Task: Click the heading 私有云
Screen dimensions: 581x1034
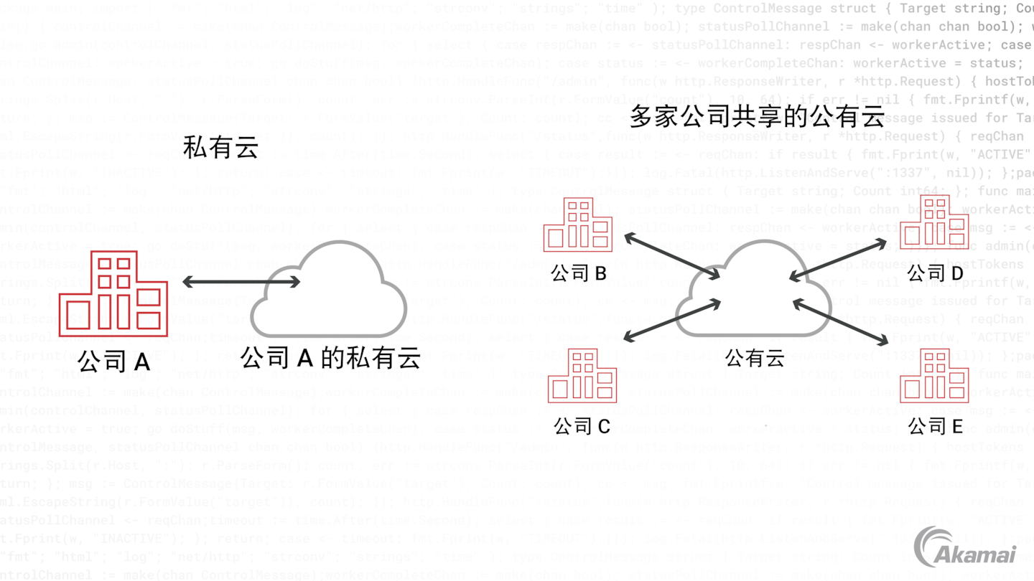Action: pos(220,148)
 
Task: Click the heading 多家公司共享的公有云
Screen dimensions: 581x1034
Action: pos(756,115)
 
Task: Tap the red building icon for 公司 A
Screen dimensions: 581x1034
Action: pos(113,293)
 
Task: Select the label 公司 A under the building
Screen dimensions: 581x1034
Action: pos(113,360)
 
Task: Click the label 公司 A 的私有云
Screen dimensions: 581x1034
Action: pos(330,357)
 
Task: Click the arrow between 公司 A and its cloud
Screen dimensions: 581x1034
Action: pos(241,283)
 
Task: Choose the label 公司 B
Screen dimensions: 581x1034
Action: pos(579,273)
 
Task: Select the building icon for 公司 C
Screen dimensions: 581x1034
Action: pos(582,376)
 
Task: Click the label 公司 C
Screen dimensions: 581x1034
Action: pos(582,426)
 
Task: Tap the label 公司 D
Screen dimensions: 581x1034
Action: pos(935,273)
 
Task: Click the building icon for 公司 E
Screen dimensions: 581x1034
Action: pos(934,376)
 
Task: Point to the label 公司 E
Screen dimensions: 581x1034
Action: pos(935,426)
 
